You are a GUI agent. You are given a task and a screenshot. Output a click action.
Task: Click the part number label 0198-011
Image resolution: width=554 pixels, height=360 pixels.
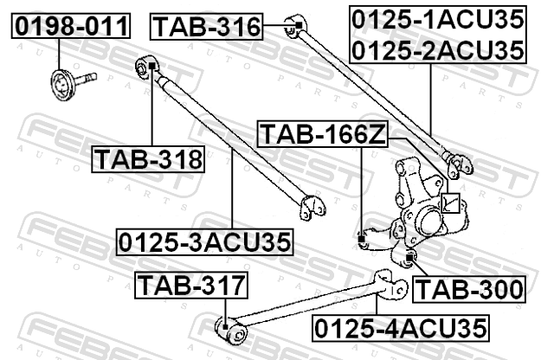click(x=71, y=26)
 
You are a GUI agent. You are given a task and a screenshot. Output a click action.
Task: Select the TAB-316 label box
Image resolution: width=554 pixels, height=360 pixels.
click(x=207, y=27)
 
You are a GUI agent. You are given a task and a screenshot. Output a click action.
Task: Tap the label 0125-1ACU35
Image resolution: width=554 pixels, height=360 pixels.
click(x=438, y=19)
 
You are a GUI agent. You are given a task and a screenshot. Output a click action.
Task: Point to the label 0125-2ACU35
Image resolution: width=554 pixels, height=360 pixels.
click(x=438, y=50)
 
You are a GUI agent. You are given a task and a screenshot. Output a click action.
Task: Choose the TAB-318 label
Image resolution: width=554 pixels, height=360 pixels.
click(x=148, y=159)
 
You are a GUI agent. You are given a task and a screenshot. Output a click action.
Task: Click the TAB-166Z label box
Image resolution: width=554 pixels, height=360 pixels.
click(x=323, y=134)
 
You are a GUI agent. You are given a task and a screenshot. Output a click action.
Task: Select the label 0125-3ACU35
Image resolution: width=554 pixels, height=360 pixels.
click(x=205, y=242)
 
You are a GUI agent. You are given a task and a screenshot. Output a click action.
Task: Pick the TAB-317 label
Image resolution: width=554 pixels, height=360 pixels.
click(x=191, y=285)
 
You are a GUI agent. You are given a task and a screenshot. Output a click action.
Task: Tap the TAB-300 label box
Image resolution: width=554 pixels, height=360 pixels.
click(x=469, y=289)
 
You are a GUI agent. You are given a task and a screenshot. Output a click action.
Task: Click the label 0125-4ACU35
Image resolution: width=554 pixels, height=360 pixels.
click(x=401, y=328)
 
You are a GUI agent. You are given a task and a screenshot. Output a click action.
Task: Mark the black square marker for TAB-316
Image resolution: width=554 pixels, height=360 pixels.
click(x=298, y=25)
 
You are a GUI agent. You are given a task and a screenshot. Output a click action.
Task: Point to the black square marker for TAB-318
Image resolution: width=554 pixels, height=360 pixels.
click(x=152, y=66)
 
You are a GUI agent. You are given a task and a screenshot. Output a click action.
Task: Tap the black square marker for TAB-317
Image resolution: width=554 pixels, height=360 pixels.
click(x=225, y=327)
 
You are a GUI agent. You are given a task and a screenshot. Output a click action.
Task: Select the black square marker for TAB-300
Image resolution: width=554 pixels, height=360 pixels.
click(x=409, y=258)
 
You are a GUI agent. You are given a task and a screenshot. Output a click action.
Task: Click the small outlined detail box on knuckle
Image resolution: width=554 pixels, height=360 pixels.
click(x=451, y=203)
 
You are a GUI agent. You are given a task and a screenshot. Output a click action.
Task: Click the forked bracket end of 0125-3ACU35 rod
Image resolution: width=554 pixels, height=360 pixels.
click(x=312, y=208)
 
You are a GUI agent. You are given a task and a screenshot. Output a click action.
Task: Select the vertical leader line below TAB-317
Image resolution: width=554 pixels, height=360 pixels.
click(x=225, y=311)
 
